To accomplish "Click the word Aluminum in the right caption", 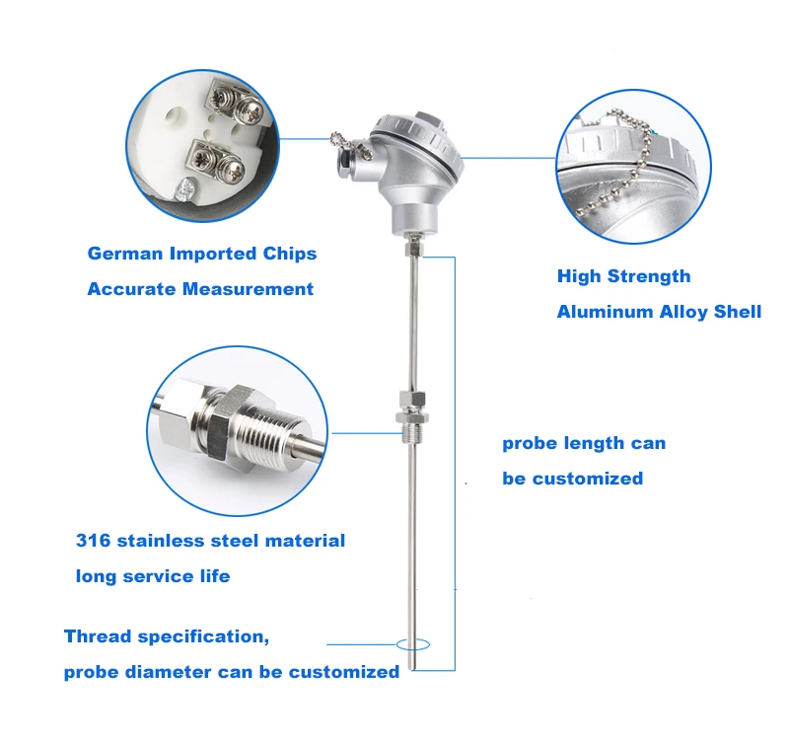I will pyautogui.click(x=602, y=312).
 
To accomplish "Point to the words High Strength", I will pyautogui.click(x=623, y=276).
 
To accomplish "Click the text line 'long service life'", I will pyautogui.click(x=153, y=575).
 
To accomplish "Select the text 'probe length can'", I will pyautogui.click(x=584, y=443).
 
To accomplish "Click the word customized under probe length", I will pyautogui.click(x=587, y=479).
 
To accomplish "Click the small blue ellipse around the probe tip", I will pyautogui.click(x=413, y=644).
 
